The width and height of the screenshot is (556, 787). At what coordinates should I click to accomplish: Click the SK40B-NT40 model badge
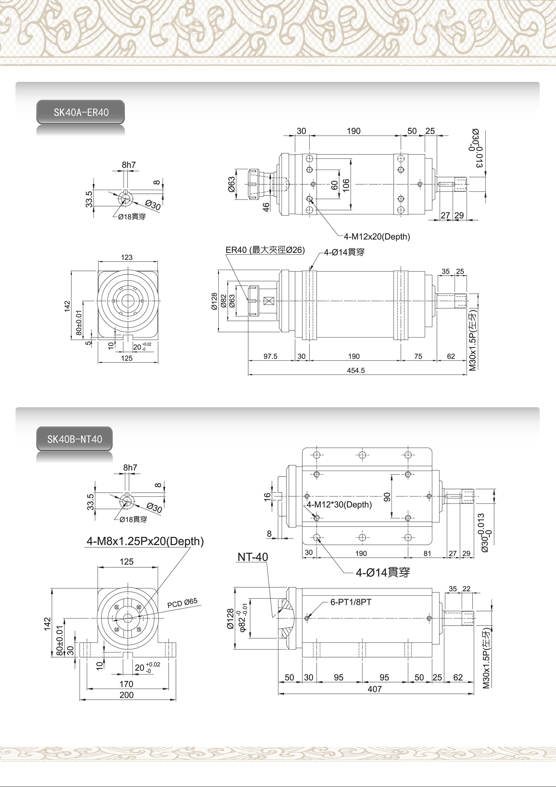[74, 439]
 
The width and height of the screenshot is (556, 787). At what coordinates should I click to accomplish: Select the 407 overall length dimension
[375, 689]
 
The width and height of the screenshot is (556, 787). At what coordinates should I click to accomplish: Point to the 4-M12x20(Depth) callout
[377, 236]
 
